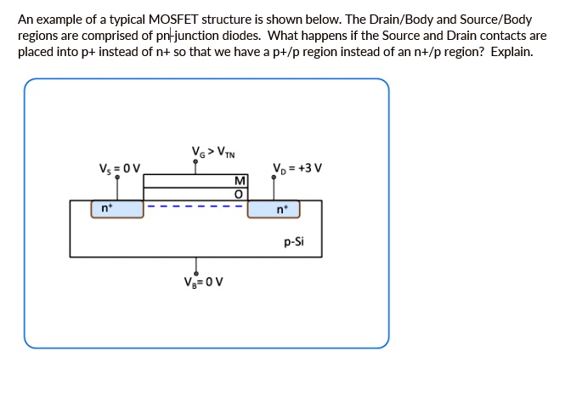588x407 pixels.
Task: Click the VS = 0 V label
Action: [x=120, y=167]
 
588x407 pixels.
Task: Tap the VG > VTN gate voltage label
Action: [x=212, y=153]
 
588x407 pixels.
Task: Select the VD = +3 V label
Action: [x=297, y=167]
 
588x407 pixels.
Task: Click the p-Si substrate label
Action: [x=294, y=241]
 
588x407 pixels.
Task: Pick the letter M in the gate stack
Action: [x=239, y=181]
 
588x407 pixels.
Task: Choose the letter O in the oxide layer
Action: [x=239, y=195]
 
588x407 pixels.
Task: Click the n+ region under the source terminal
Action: [x=117, y=209]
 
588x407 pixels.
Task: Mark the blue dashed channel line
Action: [x=195, y=205]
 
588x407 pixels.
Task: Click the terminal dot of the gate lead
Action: [x=197, y=166]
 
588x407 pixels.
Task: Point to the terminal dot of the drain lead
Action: [x=274, y=178]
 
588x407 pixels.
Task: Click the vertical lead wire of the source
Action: [x=117, y=189]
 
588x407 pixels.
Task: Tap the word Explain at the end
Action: [x=512, y=52]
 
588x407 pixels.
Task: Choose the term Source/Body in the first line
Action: [x=495, y=20]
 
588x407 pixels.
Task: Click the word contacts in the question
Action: [x=496, y=36]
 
